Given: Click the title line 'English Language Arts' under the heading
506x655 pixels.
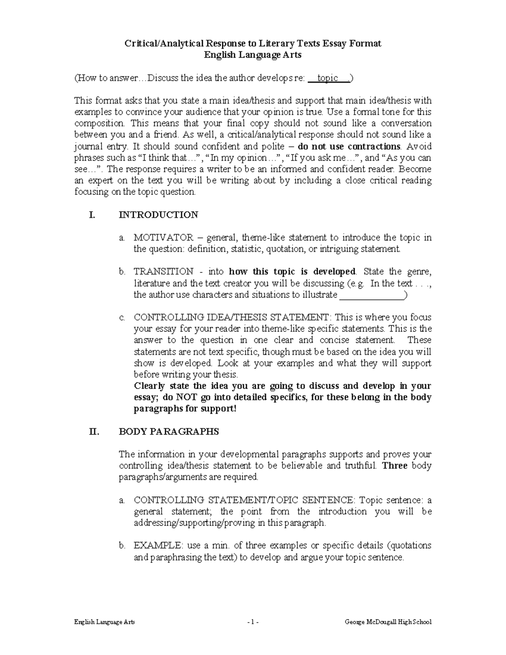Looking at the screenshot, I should [x=253, y=55].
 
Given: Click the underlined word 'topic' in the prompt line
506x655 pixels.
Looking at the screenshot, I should [x=328, y=78].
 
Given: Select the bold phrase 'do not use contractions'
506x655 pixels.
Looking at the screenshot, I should [x=349, y=146].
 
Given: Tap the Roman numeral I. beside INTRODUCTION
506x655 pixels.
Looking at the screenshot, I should [x=92, y=215].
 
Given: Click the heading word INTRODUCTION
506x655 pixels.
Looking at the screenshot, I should [x=159, y=215].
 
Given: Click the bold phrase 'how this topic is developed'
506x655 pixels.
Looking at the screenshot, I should [x=292, y=271].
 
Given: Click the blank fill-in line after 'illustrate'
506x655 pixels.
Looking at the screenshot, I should [x=371, y=295].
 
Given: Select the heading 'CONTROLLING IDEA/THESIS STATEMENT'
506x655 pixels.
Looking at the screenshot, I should [x=230, y=317].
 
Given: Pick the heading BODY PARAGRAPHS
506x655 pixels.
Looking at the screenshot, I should [x=169, y=431].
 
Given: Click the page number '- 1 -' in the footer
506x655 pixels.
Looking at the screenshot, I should [x=253, y=622].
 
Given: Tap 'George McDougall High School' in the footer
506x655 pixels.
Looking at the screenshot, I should [x=388, y=622].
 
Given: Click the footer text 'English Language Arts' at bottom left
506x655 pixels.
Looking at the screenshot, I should [x=105, y=622].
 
